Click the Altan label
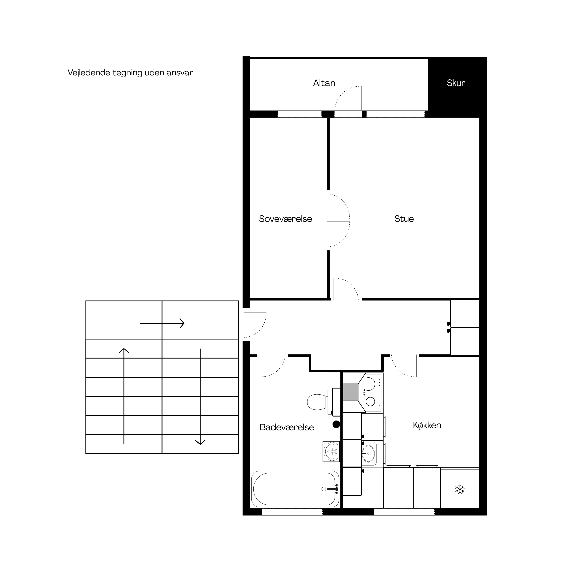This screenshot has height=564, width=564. click(x=324, y=83)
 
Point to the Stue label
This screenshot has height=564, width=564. click(x=404, y=219)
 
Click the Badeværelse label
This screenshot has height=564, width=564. click(x=287, y=427)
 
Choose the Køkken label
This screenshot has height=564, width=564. click(x=427, y=425)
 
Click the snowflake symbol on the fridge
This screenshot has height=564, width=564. click(x=460, y=489)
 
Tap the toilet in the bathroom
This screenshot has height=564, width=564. click(x=324, y=402)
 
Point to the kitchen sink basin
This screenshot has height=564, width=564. click(x=369, y=454)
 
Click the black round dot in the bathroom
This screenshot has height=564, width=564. click(x=336, y=424)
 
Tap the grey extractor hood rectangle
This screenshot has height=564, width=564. click(x=351, y=392)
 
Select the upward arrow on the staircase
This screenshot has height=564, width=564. click(x=124, y=396)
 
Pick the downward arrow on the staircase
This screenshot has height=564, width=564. click(x=200, y=396)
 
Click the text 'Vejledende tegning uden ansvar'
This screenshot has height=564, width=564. click(x=130, y=73)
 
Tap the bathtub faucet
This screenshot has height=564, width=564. click(x=333, y=489)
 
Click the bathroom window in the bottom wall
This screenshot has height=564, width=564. click(x=292, y=512)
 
